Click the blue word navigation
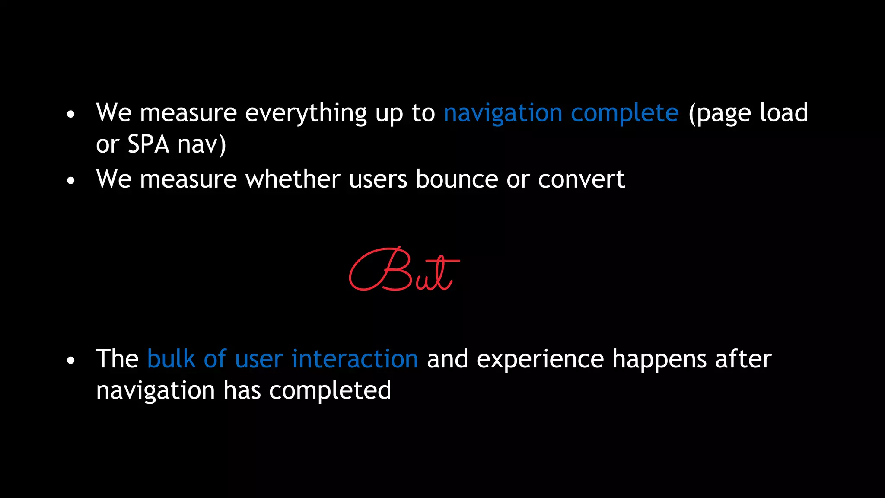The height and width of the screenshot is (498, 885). click(503, 114)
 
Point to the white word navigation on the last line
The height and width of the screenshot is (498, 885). click(155, 391)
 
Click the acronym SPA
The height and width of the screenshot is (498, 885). click(148, 144)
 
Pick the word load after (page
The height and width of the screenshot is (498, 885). click(783, 113)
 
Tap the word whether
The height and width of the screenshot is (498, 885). click(293, 179)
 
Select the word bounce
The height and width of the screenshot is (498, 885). click(456, 179)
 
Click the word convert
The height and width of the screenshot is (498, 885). click(581, 180)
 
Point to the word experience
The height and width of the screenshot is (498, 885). click(540, 360)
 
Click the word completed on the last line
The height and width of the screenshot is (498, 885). click(330, 391)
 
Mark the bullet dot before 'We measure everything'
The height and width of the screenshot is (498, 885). click(71, 115)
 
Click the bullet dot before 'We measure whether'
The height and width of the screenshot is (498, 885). click(71, 181)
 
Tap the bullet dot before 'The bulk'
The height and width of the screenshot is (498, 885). click(71, 361)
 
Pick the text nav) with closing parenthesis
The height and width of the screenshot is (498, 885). click(202, 144)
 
